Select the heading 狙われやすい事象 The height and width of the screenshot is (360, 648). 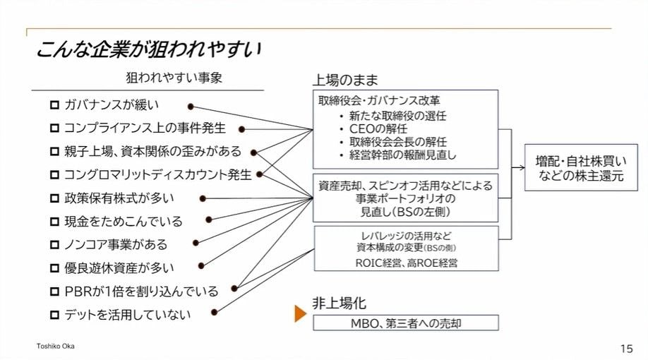tap(174, 78)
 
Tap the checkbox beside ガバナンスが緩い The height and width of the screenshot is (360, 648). tap(54, 106)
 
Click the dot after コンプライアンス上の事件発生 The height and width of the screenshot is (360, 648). tap(241, 129)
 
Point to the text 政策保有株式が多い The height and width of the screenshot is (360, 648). tap(119, 198)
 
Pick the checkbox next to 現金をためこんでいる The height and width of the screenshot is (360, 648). tap(54, 222)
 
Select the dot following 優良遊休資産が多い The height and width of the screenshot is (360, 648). tap(201, 266)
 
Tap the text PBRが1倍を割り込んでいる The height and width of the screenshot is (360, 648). tap(141, 291)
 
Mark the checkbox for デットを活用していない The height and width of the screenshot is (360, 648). tap(54, 314)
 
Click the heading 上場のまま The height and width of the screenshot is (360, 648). tap(346, 80)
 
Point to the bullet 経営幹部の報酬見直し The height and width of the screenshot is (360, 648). tap(403, 155)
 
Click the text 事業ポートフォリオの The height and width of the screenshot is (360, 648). tap(405, 198)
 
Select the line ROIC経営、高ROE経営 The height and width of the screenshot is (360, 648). tap(406, 263)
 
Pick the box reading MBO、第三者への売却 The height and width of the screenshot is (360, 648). tap(406, 323)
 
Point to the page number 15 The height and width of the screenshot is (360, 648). tap(626, 348)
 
